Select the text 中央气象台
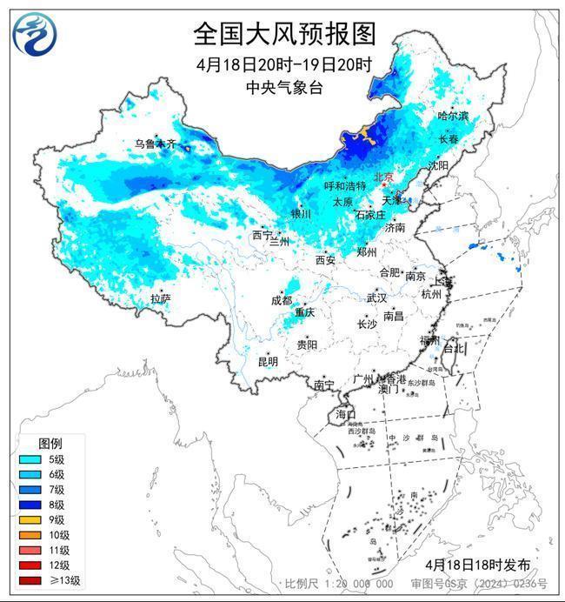[283, 87]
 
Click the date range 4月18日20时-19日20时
[283, 64]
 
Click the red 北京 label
[383, 177]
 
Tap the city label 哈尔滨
[452, 116]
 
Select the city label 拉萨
[160, 298]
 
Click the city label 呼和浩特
[344, 186]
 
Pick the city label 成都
[281, 300]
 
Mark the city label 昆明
[267, 361]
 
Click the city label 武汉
[376, 298]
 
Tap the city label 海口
[345, 414]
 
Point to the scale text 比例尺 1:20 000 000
[339, 584]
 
